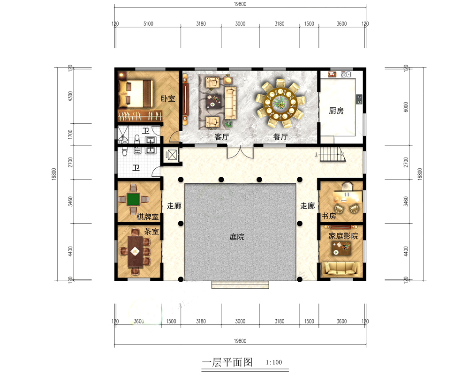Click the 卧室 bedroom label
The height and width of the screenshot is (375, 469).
click(167, 99)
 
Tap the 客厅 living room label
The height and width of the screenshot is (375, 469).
click(221, 137)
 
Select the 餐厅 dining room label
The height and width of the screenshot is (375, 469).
click(280, 137)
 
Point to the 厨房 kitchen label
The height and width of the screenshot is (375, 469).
click(336, 111)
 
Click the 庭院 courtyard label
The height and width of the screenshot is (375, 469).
click(237, 237)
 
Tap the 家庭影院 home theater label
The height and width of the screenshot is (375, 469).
click(343, 236)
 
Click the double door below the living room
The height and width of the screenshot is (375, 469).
click(240, 151)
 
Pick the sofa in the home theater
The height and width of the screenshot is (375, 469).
click(341, 269)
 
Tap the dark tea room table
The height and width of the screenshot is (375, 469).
click(135, 251)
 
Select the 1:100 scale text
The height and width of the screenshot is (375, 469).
click(274, 362)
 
